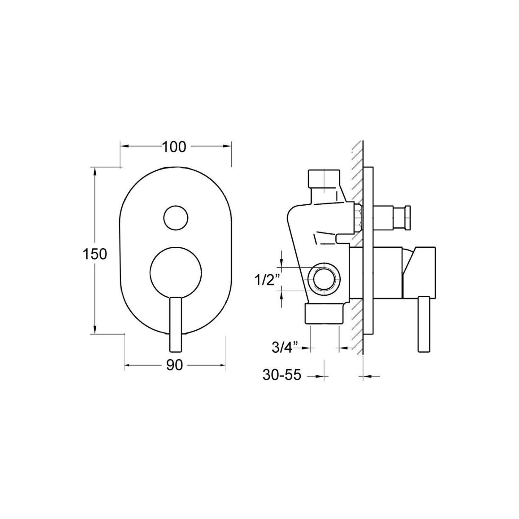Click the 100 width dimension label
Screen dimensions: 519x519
point(174,147)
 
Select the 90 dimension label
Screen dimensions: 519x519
point(175,366)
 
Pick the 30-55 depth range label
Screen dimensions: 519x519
point(282,375)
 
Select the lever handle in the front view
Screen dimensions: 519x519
point(176,324)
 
